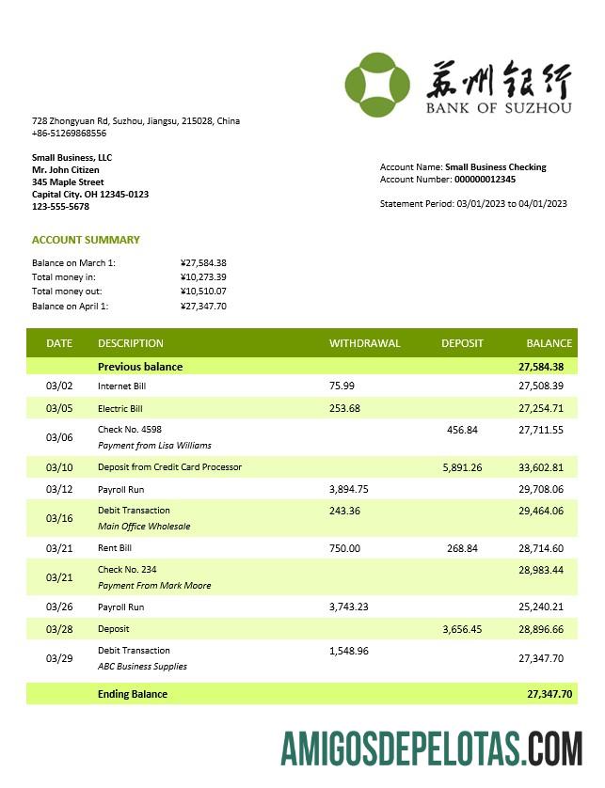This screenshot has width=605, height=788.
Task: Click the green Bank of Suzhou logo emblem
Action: coord(376,84)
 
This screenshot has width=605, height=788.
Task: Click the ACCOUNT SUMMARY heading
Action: coord(86,240)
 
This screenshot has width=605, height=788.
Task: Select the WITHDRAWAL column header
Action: coord(364,343)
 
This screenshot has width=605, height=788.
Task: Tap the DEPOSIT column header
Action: coord(462,343)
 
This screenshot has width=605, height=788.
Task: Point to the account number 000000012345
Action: coord(485,180)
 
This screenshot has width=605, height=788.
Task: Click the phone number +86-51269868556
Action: coord(69,134)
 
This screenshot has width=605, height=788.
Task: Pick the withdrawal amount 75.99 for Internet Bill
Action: coord(342,386)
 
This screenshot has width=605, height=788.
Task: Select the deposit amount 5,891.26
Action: coord(462,467)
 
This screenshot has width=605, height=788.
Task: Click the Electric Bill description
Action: coord(119,409)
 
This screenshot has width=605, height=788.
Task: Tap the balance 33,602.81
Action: coord(541,467)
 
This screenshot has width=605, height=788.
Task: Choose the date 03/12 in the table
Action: coord(59,489)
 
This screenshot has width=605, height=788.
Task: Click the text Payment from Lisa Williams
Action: coord(154,446)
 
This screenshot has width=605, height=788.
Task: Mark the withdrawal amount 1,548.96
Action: coord(349,651)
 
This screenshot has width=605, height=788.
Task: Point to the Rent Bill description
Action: coord(115,548)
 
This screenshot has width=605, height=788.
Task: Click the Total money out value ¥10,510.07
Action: coord(203,292)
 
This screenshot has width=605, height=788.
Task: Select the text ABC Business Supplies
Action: coord(142,667)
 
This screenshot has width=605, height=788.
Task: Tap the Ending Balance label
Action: coord(133,694)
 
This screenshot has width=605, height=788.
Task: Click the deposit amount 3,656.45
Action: coord(462,629)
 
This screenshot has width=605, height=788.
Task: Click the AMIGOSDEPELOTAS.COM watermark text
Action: coord(431,749)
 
